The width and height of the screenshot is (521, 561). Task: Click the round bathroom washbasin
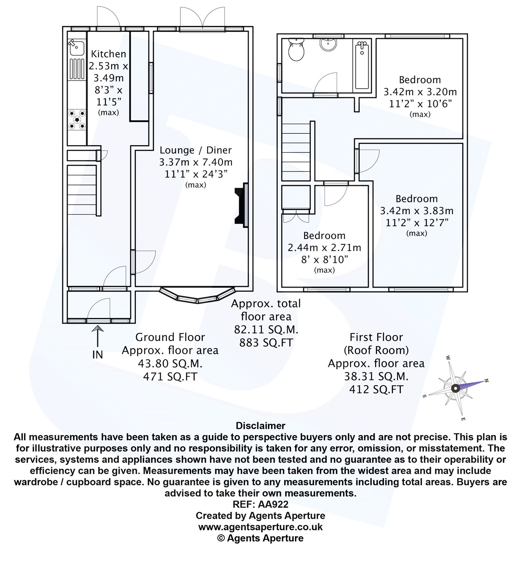[x=328, y=45]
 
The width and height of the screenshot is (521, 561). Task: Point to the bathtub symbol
[x=362, y=65]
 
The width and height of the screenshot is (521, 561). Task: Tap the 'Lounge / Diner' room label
[x=195, y=150]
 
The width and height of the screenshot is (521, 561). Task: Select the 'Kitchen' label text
[x=109, y=54]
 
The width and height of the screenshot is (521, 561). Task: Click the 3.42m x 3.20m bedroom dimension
[x=420, y=92]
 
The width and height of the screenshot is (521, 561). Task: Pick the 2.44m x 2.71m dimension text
[x=324, y=248]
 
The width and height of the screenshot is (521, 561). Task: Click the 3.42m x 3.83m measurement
[x=417, y=211]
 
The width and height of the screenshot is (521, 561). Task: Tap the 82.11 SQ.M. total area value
[x=266, y=329]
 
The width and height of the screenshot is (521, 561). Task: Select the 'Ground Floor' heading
[x=170, y=337]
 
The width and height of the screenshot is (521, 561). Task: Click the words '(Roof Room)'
[x=376, y=350]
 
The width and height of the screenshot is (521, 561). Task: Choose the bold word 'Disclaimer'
[x=260, y=426]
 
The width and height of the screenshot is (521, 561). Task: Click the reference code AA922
[x=273, y=504]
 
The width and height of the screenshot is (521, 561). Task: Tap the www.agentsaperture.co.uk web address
[x=260, y=527]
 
